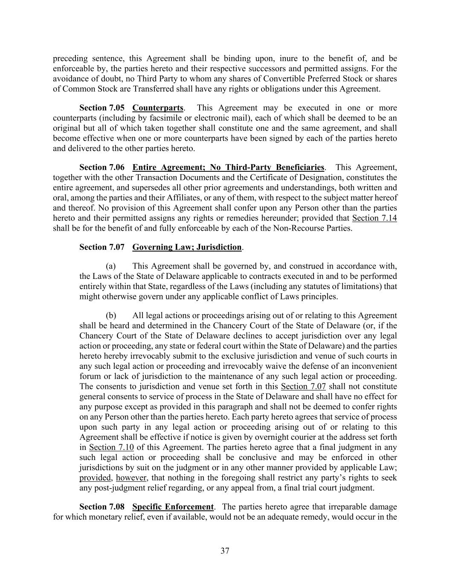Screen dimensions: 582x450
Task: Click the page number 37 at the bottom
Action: [225, 551]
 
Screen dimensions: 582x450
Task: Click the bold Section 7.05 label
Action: [102, 108]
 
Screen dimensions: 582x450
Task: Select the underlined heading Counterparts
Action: [158, 108]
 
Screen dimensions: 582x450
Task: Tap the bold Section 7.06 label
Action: [102, 168]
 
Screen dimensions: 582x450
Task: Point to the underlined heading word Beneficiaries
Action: [300, 168]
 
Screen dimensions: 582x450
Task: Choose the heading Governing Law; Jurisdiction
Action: [187, 247]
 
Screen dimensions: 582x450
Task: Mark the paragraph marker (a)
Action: [111, 266]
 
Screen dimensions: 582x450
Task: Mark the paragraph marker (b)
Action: [111, 316]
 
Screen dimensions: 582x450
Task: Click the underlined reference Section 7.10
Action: [111, 447]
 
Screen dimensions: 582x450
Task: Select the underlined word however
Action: [131, 478]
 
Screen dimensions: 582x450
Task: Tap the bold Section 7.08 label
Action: [102, 507]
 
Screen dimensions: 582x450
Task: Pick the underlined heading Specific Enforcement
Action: [173, 507]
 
